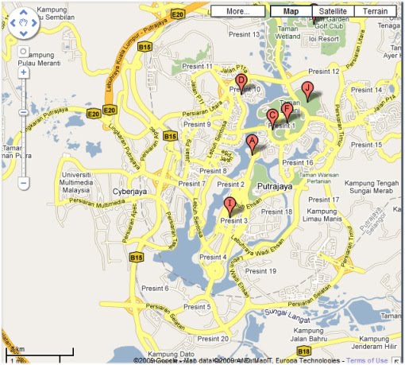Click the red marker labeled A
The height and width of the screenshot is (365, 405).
[253, 144]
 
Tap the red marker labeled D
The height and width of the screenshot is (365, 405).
[241, 81]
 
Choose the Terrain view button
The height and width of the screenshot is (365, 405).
[376, 12]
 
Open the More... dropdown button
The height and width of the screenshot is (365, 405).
[238, 12]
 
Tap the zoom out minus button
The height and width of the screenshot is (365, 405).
[23, 183]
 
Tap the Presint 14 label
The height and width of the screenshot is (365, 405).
[367, 91]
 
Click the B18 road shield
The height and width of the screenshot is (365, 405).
[303, 351]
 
